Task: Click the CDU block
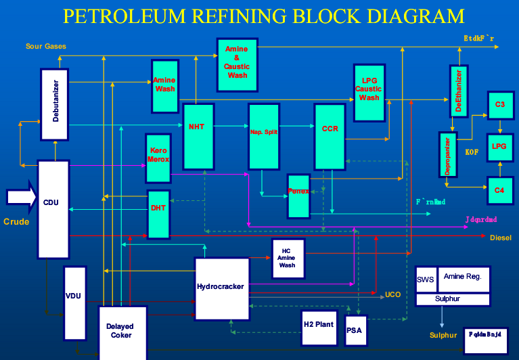[53, 209]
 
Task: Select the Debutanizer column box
[55, 104]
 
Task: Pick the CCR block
[330, 136]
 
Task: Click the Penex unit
[298, 196]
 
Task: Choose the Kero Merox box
[158, 158]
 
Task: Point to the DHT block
[158, 214]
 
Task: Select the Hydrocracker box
[221, 288]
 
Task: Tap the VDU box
[74, 302]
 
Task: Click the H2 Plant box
[318, 328]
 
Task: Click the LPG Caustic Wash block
[369, 93]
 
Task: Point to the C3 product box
[499, 104]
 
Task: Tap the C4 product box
[499, 190]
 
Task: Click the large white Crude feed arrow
[20, 197]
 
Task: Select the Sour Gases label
[46, 46]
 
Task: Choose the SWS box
[426, 279]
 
